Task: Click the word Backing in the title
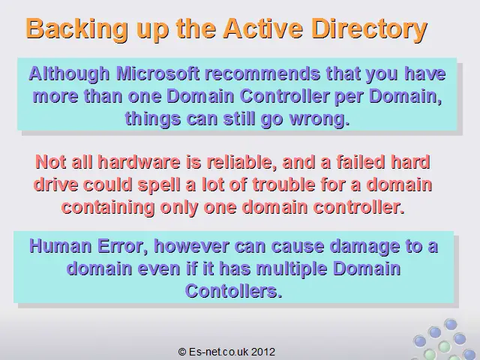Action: click(76, 29)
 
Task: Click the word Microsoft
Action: click(158, 73)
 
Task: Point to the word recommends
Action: click(262, 73)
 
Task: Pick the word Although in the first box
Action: click(69, 74)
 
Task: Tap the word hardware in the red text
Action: click(139, 162)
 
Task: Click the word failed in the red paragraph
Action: click(360, 162)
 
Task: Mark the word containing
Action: click(108, 208)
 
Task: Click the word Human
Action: click(60, 246)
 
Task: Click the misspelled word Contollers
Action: click(233, 291)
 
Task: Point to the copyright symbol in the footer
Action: click(182, 352)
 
